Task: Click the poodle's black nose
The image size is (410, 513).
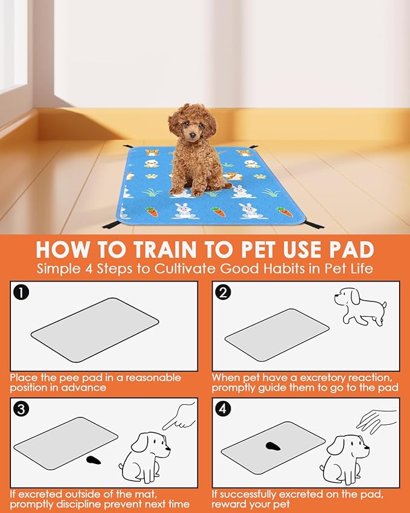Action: click(x=193, y=135)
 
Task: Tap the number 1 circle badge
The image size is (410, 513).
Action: click(x=21, y=292)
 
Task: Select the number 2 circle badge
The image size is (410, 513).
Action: click(x=223, y=292)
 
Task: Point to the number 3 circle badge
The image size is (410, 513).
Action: click(x=21, y=409)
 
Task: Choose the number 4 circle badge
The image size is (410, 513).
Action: click(x=223, y=409)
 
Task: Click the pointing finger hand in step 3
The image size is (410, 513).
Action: click(x=179, y=416)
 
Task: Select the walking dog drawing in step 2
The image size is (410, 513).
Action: click(x=360, y=306)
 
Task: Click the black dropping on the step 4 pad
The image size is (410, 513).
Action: click(x=273, y=446)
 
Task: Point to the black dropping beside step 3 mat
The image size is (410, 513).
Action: click(x=94, y=460)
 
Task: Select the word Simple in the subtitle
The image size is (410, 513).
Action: click(x=58, y=269)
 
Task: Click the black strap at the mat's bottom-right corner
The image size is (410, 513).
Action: click(x=314, y=225)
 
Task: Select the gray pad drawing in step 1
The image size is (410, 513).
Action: click(x=95, y=330)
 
